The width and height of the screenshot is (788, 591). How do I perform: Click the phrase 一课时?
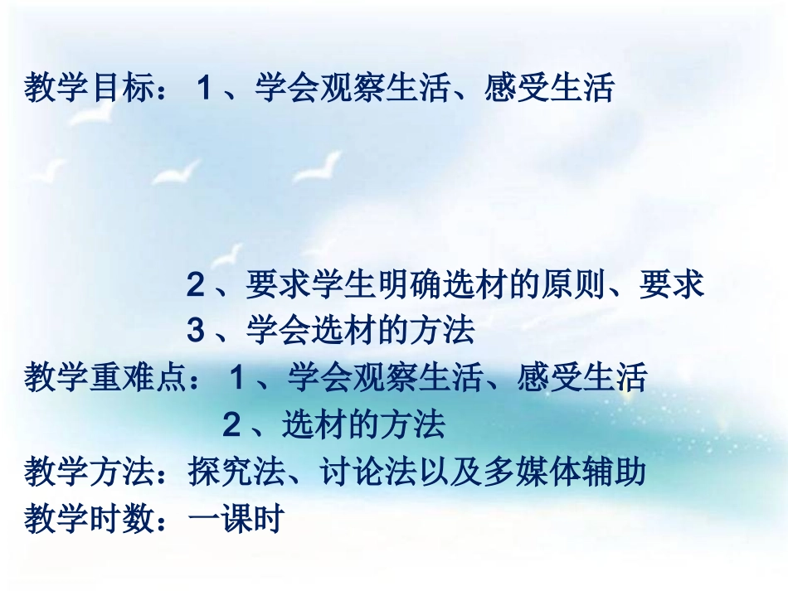pyautogui.click(x=236, y=520)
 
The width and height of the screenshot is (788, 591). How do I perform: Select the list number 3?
pyautogui.click(x=195, y=332)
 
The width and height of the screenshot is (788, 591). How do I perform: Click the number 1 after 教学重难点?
pyautogui.click(x=237, y=379)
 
